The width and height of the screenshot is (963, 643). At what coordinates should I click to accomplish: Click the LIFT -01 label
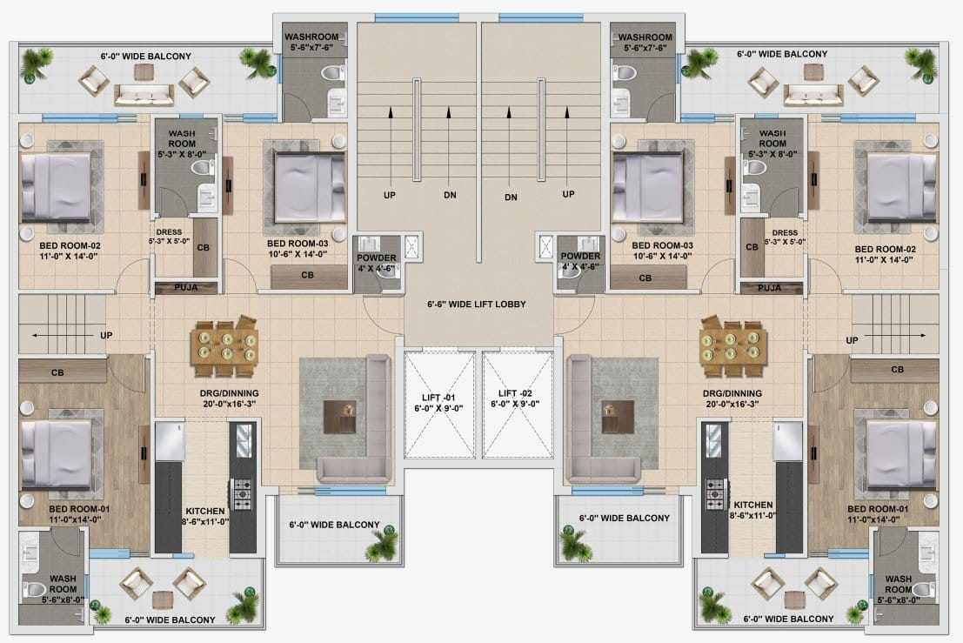click(x=438, y=398)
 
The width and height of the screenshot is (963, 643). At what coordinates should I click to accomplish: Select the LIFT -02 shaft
click(x=517, y=405)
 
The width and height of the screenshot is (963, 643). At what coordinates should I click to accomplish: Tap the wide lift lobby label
click(x=477, y=304)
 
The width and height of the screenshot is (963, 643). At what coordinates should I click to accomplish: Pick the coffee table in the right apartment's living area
click(x=618, y=417)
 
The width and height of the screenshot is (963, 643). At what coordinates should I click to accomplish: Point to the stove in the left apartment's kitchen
click(x=241, y=493)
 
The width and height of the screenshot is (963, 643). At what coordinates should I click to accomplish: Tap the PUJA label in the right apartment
click(x=770, y=287)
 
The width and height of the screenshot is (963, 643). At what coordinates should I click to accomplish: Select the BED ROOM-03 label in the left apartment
click(x=298, y=244)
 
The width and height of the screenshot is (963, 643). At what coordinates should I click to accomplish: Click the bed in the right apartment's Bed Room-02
click(x=902, y=187)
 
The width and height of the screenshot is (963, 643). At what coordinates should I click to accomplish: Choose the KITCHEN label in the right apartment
click(x=753, y=505)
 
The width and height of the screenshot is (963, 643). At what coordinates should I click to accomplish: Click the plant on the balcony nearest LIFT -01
click(x=384, y=544)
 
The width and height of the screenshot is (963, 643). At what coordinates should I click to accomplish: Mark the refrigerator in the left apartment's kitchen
click(x=170, y=441)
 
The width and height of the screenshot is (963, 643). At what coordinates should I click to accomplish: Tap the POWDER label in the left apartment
click(x=377, y=258)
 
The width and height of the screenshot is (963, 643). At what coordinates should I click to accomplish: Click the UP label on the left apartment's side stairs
click(x=106, y=335)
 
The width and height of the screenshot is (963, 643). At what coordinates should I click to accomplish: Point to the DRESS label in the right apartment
click(x=785, y=233)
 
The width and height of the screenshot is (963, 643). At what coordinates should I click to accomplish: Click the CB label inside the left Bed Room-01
click(x=57, y=372)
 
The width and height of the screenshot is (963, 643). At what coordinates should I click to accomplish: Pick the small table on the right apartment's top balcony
click(x=813, y=72)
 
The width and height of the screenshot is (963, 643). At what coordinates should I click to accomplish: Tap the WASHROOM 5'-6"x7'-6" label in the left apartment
click(x=311, y=42)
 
